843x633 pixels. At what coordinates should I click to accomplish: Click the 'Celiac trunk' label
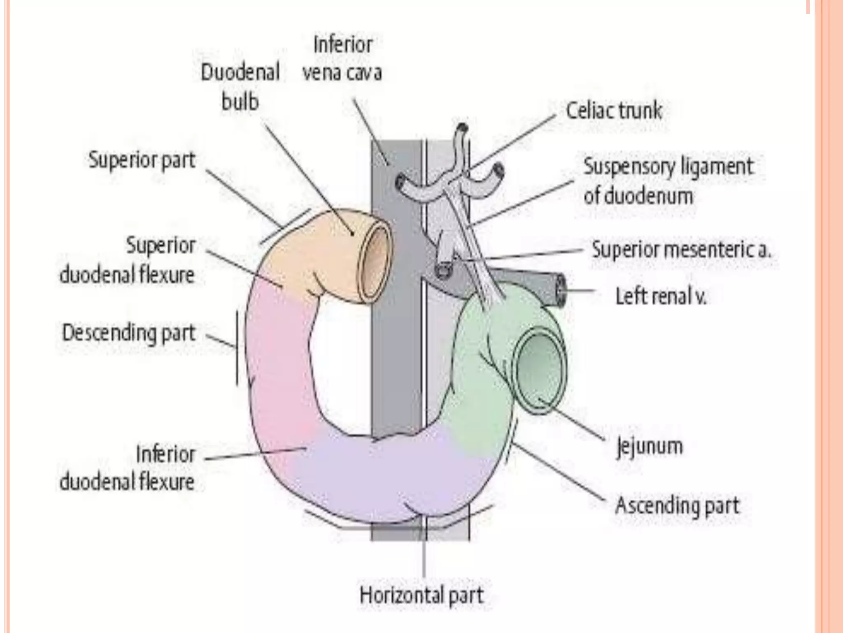pyautogui.click(x=614, y=111)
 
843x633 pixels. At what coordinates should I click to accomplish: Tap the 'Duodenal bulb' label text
pyautogui.click(x=240, y=87)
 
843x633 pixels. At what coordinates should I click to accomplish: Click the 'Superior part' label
pyautogui.click(x=142, y=160)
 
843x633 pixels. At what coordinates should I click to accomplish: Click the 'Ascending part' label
pyautogui.click(x=677, y=506)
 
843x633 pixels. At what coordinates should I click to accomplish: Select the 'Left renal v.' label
pyautogui.click(x=661, y=296)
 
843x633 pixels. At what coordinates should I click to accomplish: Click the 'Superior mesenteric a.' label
pyautogui.click(x=681, y=250)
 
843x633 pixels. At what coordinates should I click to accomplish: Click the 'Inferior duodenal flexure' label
pyautogui.click(x=128, y=468)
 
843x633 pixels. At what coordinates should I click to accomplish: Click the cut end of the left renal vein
pyautogui.click(x=561, y=291)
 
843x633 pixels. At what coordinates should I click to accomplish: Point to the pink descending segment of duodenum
pyautogui.click(x=280, y=354)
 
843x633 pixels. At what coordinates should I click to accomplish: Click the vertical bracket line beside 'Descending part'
pyautogui.click(x=237, y=348)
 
